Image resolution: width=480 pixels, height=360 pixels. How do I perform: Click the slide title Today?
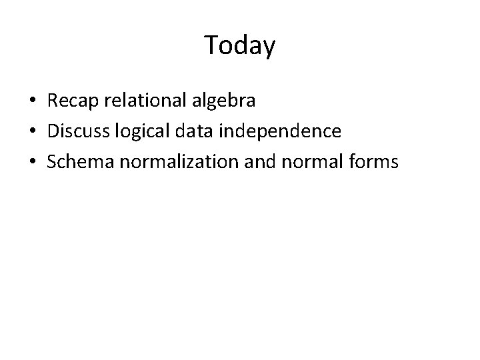click(239, 46)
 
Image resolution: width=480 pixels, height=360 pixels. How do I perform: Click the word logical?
click(135, 131)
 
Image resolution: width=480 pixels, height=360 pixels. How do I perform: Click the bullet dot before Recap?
click(32, 102)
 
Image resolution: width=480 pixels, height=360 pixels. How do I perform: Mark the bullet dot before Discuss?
click(32, 131)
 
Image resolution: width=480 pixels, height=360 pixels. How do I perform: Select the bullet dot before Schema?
click(32, 161)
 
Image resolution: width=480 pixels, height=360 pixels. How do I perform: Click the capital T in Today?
click(211, 45)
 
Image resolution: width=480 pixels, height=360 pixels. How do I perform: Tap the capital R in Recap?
click(53, 101)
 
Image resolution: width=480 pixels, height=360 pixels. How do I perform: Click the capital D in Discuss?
click(53, 131)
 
